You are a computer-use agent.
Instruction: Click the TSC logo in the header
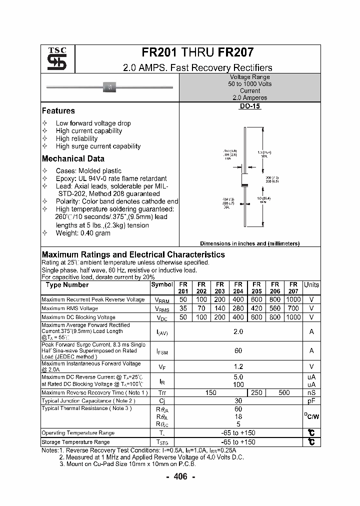53,59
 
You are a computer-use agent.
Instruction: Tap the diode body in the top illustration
110,87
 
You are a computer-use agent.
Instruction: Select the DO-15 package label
250,106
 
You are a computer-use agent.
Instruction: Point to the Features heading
58,111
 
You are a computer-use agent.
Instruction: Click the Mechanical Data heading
73,159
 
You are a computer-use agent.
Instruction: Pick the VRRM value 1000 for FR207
293,299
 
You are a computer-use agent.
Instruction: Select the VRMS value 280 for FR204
238,308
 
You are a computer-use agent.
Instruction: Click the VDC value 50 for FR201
183,317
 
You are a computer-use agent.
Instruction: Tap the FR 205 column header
256,287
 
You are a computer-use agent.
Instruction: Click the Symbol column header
161,284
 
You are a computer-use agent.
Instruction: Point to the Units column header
311,284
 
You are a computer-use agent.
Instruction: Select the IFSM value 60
238,351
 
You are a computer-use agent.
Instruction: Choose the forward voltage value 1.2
238,366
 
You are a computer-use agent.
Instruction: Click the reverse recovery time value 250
256,393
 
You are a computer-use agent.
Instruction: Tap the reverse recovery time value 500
284,393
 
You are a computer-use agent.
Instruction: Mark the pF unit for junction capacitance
311,401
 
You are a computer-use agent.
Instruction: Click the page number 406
180,477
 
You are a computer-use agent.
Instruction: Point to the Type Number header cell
67,285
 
